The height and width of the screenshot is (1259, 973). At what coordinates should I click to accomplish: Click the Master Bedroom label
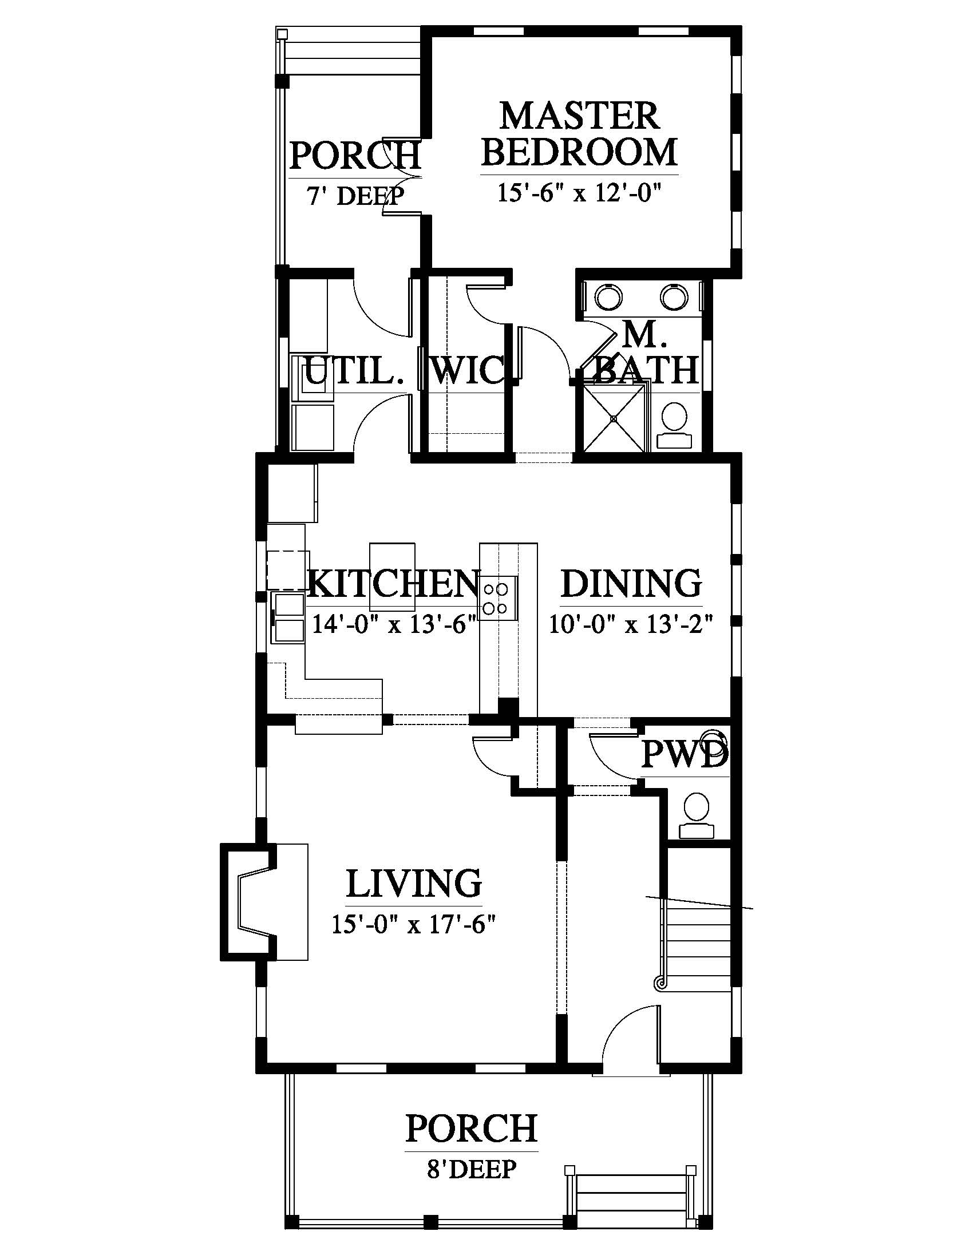point(579,134)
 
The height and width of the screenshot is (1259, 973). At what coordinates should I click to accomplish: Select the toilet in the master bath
point(673,425)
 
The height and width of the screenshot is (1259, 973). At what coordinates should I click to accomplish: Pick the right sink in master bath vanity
point(673,297)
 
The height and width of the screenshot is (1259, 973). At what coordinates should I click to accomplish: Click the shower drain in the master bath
point(615,418)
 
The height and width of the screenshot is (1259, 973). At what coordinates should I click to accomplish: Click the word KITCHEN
point(394,584)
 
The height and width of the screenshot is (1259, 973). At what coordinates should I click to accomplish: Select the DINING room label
point(631,583)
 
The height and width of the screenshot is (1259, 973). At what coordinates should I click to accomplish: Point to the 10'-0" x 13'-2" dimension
point(631,624)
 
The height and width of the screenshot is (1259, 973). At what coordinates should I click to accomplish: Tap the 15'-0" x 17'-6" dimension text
point(414,925)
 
